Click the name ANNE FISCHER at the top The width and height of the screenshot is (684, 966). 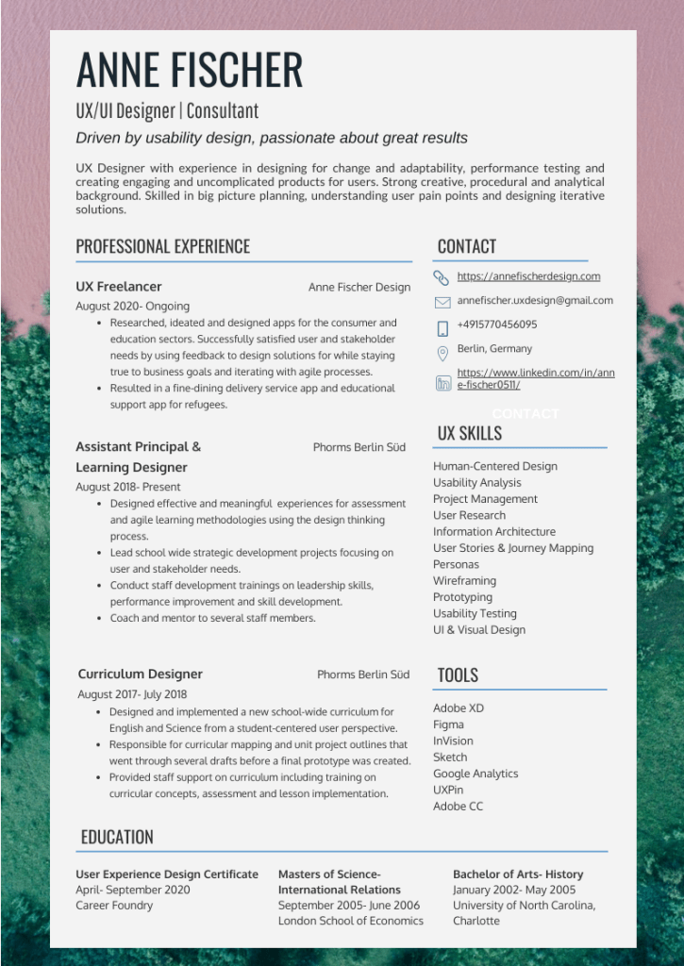tap(190, 70)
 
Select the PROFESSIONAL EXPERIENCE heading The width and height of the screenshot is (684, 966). tap(163, 247)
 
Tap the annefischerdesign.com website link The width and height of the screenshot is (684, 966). tap(528, 276)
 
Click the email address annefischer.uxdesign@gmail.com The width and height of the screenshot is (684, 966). tap(535, 301)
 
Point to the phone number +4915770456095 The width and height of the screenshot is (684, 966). tap(497, 325)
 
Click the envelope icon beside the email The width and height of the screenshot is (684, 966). tap(442, 303)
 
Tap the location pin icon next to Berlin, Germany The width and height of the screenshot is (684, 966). tap(442, 354)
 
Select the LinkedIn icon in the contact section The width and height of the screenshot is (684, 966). tap(442, 383)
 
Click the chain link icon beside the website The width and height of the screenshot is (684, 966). tap(442, 277)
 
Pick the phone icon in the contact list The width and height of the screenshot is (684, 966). tap(442, 328)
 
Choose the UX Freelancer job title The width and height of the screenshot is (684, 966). tap(119, 287)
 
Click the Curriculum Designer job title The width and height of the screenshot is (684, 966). tap(140, 675)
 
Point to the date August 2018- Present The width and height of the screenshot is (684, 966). tap(128, 487)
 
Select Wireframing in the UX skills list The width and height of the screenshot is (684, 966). tap(464, 581)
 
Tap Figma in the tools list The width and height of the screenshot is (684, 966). tap(448, 724)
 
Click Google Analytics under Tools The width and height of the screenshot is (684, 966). tap(475, 774)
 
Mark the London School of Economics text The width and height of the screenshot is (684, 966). tap(350, 921)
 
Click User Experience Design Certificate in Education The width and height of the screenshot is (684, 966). tap(167, 874)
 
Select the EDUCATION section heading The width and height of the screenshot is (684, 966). tap(117, 838)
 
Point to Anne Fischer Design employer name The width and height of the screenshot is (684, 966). tap(359, 288)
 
